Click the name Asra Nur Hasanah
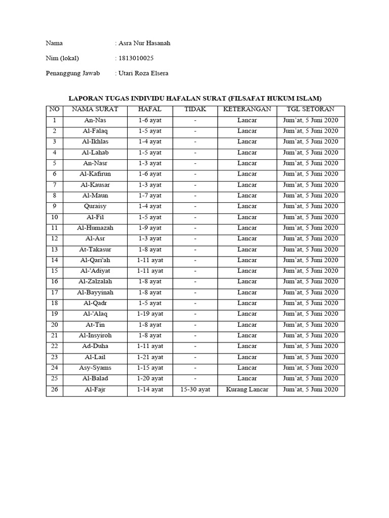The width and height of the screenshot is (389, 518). tap(144, 44)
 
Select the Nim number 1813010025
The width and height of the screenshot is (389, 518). tap(136, 58)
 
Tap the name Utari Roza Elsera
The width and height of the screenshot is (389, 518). tap(143, 73)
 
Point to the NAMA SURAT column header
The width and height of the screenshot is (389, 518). tap(95, 109)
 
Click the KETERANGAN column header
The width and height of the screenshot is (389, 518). tap(247, 109)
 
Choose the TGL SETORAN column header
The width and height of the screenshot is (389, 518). tap(310, 109)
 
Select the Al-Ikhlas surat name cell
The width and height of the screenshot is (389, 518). tap(95, 142)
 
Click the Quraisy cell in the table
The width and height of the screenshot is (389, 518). tap(95, 206)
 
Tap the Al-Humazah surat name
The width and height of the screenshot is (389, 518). tap(95, 228)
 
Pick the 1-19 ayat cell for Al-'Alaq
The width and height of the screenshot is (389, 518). tap(150, 314)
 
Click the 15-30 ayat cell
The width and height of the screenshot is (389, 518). tap(195, 390)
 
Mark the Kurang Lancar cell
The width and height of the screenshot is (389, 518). tap(247, 390)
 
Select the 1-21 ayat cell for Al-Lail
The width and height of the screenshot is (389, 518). tap(150, 357)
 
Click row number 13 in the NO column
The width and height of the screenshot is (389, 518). tap(54, 249)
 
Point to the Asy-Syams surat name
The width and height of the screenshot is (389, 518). tap(95, 368)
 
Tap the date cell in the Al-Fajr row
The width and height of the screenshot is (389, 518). tap(310, 390)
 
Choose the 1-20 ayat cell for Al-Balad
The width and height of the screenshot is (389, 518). tap(150, 378)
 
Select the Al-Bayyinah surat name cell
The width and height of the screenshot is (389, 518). tap(95, 292)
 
